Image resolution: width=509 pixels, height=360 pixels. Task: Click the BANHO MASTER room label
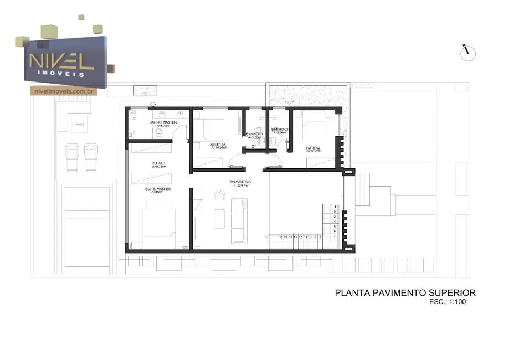tap(163, 122)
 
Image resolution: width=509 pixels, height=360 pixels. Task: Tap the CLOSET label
tap(158, 163)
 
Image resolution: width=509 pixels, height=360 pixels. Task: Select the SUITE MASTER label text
tap(158, 189)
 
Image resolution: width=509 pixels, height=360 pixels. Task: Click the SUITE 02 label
tap(313, 148)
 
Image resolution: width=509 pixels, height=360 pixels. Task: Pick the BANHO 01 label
tap(254, 134)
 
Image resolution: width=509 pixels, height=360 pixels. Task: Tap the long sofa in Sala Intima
tap(239, 220)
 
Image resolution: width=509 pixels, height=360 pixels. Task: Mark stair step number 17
tap(267, 236)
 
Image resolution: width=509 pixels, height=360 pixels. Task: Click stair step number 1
tap(335, 207)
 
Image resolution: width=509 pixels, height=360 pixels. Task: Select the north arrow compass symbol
tap(468, 53)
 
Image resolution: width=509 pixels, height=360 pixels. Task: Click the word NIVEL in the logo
tap(61, 60)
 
